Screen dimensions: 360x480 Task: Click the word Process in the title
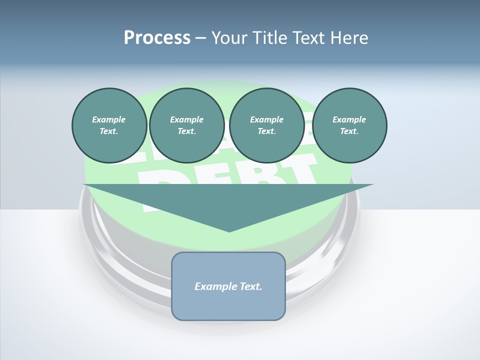point(157,38)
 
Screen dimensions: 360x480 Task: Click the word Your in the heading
point(229,38)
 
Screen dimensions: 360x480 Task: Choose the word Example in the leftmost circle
point(109,119)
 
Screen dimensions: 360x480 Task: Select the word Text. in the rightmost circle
point(349,131)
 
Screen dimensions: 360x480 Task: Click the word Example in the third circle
point(266,119)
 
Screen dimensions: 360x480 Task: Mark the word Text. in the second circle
point(186,131)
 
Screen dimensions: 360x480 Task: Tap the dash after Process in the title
point(200,38)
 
